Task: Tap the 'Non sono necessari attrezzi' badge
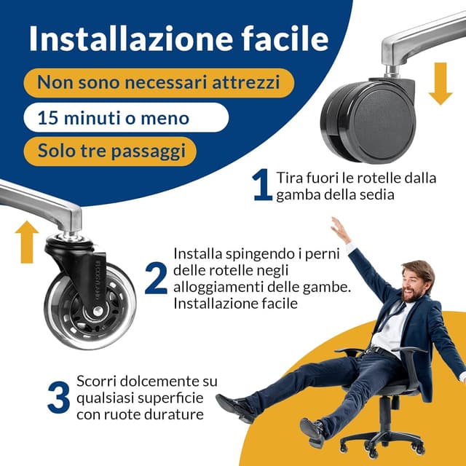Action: point(158,82)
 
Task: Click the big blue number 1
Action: point(262,186)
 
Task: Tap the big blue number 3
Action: point(58,397)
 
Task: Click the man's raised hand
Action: point(339,230)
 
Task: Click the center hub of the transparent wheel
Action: point(92,312)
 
